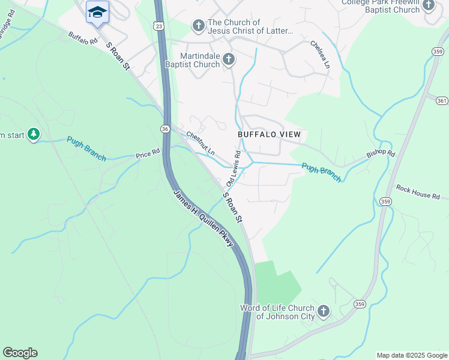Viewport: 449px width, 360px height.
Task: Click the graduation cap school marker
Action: point(97,12)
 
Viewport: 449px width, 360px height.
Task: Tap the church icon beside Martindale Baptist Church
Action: point(228,59)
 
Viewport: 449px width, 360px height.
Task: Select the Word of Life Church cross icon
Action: point(323,311)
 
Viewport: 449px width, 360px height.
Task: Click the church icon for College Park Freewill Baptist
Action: point(428,5)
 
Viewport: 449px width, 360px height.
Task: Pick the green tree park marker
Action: point(34,134)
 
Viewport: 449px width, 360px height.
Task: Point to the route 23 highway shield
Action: point(158,26)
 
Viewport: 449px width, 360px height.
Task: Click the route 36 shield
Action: point(164,128)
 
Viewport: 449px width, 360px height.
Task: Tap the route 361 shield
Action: point(442,100)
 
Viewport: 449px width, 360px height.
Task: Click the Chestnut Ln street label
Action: point(200,144)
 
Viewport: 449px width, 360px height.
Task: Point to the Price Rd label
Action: point(148,154)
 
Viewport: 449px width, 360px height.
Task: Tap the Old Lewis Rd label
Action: point(234,167)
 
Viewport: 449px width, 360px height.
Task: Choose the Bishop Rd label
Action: point(381,154)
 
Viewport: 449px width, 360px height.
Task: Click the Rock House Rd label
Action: point(418,196)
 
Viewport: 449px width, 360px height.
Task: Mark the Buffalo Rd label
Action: point(83,38)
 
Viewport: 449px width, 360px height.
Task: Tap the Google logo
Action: point(20,353)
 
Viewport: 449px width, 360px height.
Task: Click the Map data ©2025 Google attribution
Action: point(411,355)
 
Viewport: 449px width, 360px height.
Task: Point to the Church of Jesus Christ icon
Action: point(198,26)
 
